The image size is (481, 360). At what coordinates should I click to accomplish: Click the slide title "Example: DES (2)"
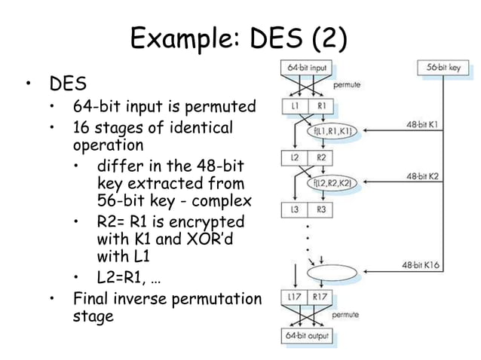point(239,38)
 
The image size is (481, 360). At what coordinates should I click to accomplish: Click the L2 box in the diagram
point(296,158)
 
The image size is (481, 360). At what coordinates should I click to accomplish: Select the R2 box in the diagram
point(321,158)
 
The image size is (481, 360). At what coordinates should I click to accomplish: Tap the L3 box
point(296,209)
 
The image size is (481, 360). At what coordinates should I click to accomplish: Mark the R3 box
point(321,209)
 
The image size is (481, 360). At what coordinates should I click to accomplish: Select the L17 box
point(296,300)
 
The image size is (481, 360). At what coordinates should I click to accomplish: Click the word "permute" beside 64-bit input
point(347,85)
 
